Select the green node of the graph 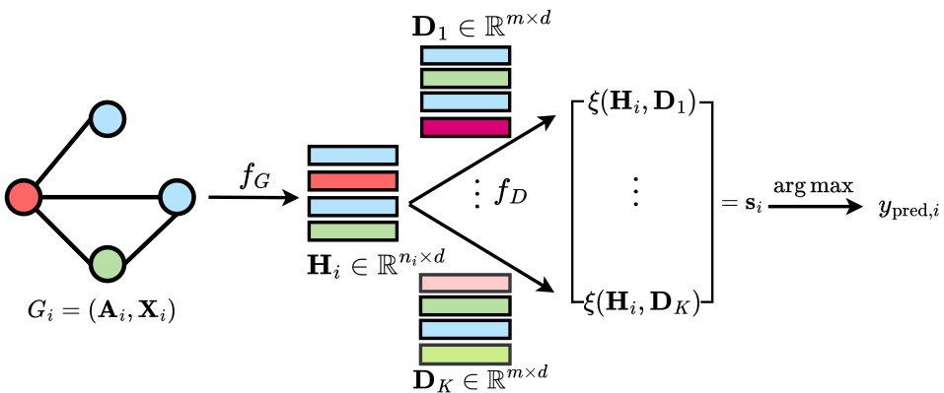(x=107, y=263)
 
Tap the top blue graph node (x=107, y=119)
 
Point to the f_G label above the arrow (x=255, y=177)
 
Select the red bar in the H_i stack (x=352, y=181)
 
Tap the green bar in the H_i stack (x=352, y=231)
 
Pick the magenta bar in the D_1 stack (x=465, y=127)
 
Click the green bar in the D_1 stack (x=465, y=79)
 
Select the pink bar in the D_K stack (x=465, y=283)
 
